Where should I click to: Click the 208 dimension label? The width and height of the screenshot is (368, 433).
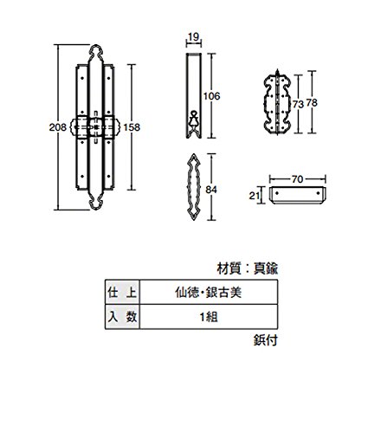click(x=57, y=127)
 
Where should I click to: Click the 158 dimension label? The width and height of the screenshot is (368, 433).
click(x=132, y=127)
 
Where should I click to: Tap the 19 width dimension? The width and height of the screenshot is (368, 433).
click(x=193, y=37)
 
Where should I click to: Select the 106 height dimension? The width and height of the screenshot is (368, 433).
click(x=211, y=96)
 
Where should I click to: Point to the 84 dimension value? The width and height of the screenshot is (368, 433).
click(x=211, y=190)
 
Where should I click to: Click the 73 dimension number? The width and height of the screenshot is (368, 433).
click(x=298, y=104)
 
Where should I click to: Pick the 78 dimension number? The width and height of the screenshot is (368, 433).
click(x=312, y=102)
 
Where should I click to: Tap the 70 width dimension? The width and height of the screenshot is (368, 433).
click(x=297, y=179)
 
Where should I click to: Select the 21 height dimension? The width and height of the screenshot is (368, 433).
click(x=254, y=196)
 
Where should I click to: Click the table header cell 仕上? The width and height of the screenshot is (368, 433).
click(x=122, y=292)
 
